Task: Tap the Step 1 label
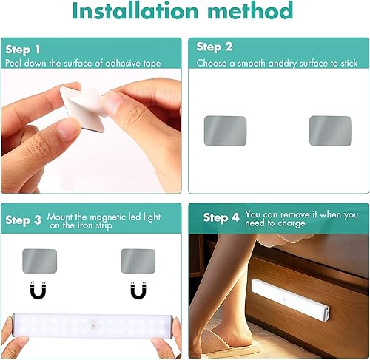22,50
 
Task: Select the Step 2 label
215,47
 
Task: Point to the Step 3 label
23,220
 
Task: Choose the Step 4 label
221,217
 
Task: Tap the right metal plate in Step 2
330,130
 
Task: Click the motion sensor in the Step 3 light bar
93,326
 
